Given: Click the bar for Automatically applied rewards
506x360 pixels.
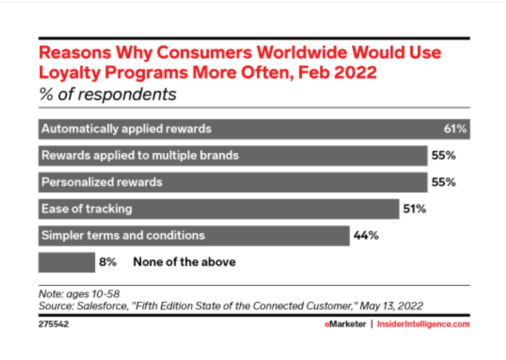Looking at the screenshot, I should coord(240,129).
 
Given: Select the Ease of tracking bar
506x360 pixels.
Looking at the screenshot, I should coord(219,209).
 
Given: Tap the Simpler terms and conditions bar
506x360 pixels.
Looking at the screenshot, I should coord(194,235).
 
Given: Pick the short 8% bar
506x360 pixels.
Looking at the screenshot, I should coord(67,262).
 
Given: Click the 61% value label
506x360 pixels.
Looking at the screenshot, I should coord(455,129).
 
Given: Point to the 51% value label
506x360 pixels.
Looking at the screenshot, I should coord(414,209).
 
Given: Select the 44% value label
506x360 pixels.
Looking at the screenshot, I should coord(365,235).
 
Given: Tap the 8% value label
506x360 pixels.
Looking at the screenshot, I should coord(108,262).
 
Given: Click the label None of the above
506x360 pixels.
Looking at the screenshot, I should coord(184,262).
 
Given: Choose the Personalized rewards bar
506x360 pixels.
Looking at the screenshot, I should coord(233,182).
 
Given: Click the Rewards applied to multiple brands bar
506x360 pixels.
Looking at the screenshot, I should coord(233,155).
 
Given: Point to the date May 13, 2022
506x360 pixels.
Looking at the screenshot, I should coord(392,306).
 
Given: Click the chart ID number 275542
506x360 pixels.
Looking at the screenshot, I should coord(54,324).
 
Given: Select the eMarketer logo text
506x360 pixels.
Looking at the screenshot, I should coord(345,324).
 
